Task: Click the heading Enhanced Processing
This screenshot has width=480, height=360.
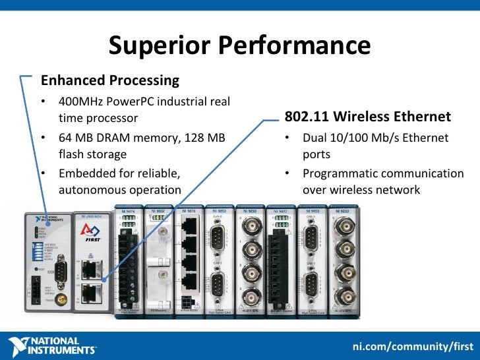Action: [109, 80]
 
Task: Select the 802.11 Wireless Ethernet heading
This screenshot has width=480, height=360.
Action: [368, 117]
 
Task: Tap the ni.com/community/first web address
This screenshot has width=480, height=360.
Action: [413, 347]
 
